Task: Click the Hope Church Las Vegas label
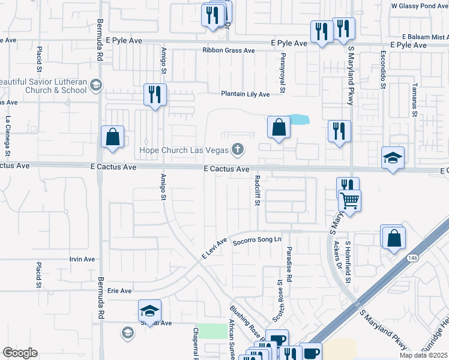pyautogui.click(x=184, y=149)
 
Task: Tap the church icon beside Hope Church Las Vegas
pyautogui.click(x=238, y=149)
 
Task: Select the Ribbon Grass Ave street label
pyautogui.click(x=229, y=50)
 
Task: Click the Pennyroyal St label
pyautogui.click(x=282, y=69)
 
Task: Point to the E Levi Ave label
pyautogui.click(x=214, y=248)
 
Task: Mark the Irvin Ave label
pyautogui.click(x=82, y=259)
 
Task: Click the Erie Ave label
pyautogui.click(x=119, y=291)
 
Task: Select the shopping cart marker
pyautogui.click(x=349, y=200)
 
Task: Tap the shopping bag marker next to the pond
pyautogui.click(x=279, y=127)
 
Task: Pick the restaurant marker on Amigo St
pyautogui.click(x=155, y=95)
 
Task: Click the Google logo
pyautogui.click(x=20, y=353)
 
